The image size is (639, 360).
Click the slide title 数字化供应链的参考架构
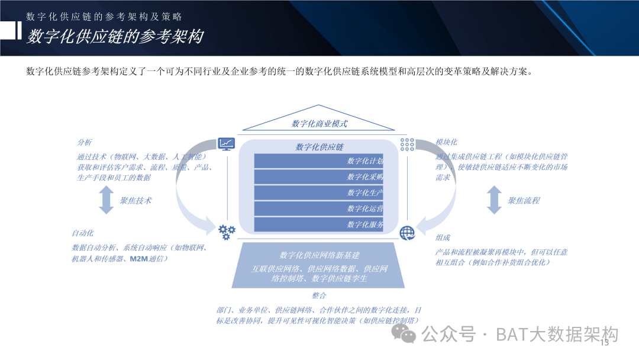(x=115, y=37)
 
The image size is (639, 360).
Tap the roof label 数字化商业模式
(x=319, y=124)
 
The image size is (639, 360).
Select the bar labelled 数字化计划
(x=319, y=161)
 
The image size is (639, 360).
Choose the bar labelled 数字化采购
(x=319, y=177)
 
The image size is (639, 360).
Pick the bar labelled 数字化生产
(x=319, y=193)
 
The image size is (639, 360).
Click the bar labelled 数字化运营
(x=319, y=209)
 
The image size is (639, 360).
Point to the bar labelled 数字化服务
(x=319, y=225)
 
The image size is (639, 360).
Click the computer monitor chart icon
(x=227, y=144)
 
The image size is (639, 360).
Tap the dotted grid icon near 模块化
(x=407, y=144)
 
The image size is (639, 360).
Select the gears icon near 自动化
(x=227, y=232)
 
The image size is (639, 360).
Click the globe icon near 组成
(x=407, y=233)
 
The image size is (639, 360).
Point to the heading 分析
(x=85, y=143)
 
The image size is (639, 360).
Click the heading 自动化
(x=83, y=233)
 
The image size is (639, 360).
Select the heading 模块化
(x=446, y=143)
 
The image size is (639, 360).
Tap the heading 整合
(x=319, y=295)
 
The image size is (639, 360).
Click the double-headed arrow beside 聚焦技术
(x=106, y=200)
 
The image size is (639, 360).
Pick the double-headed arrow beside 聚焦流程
(x=494, y=200)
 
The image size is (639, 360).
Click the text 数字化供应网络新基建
(x=319, y=256)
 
